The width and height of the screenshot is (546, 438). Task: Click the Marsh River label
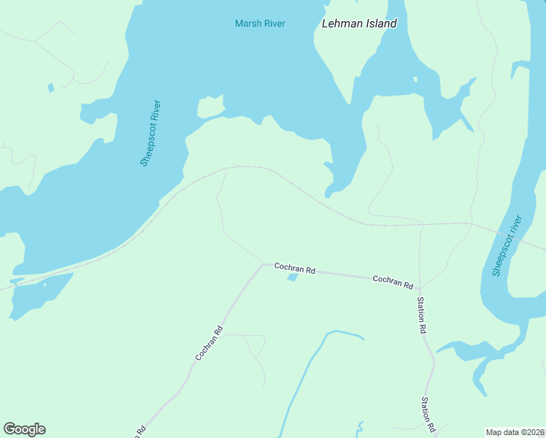(x=260, y=23)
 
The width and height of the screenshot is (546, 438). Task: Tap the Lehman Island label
(x=359, y=23)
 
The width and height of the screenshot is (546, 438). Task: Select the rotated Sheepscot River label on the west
(x=151, y=133)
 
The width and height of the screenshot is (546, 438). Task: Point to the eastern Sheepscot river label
(x=507, y=246)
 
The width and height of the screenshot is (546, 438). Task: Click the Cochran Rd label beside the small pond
(x=294, y=269)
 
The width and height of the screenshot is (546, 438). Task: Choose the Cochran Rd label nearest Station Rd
(x=393, y=281)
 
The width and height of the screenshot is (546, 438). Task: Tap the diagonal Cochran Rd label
(x=209, y=342)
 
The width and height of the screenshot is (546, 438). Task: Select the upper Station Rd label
(x=421, y=315)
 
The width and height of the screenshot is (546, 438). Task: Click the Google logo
(x=24, y=429)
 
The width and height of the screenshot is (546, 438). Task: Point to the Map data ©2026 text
(x=515, y=432)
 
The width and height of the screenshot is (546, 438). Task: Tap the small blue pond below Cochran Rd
(x=293, y=277)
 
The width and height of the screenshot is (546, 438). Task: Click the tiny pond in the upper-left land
(x=50, y=88)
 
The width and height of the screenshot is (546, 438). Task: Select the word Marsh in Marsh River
(x=247, y=23)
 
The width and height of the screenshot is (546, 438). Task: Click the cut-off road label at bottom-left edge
(x=139, y=431)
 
